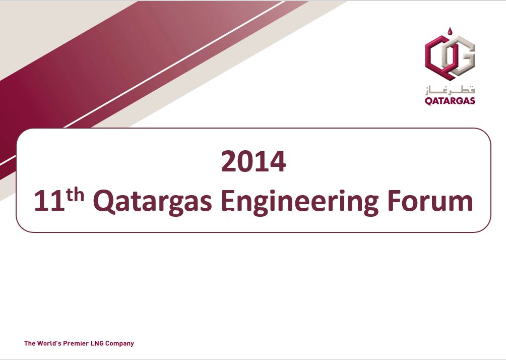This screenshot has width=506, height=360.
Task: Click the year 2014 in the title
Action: point(253,162)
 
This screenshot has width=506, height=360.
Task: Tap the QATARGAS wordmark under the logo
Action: point(450,101)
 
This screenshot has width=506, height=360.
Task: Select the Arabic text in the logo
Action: point(450,90)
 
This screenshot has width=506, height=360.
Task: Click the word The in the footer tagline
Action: point(30,343)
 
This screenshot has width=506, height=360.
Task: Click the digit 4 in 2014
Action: point(277,162)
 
